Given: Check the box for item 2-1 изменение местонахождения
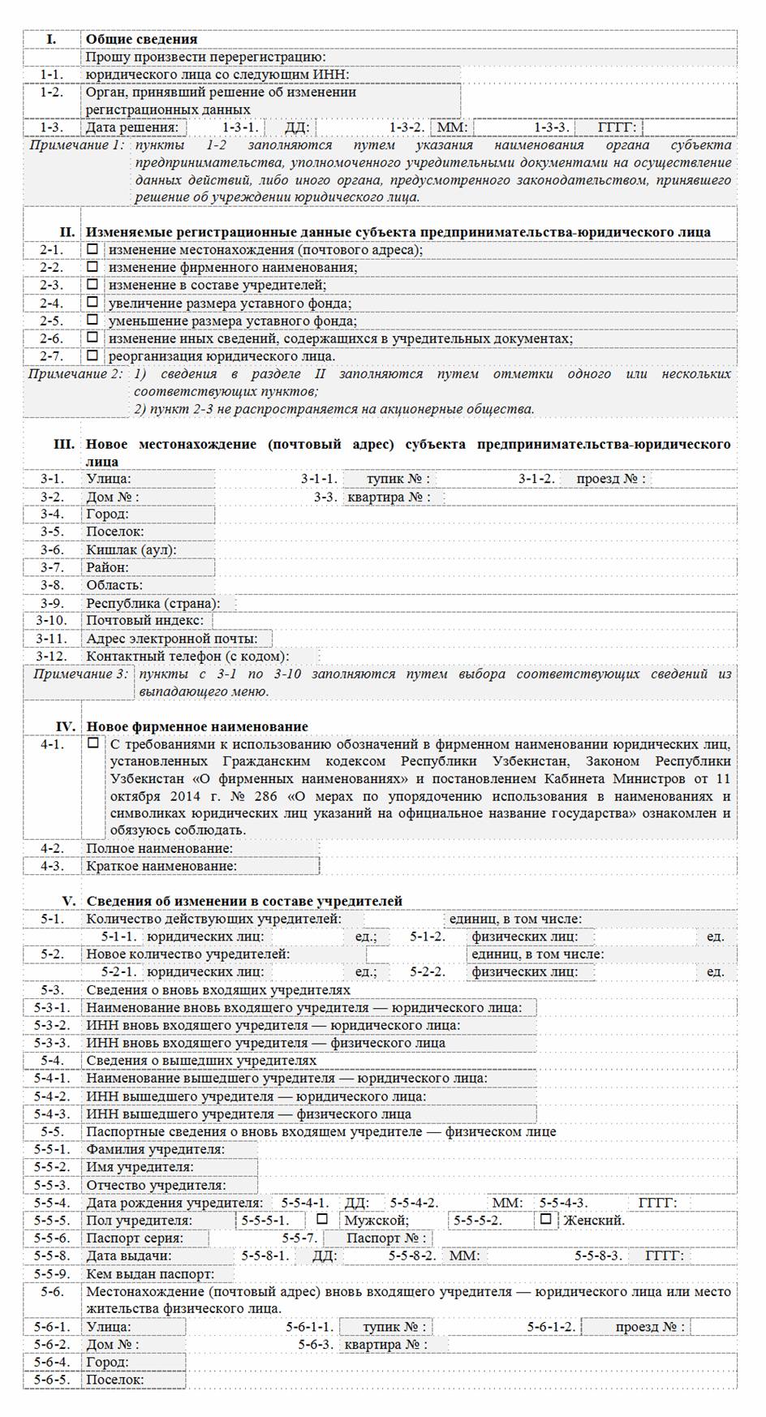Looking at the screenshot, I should [x=93, y=249].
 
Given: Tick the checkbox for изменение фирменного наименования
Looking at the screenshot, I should [x=93, y=267].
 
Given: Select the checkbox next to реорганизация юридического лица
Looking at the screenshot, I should [x=93, y=355].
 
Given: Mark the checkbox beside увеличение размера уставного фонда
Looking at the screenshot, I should [x=93, y=303].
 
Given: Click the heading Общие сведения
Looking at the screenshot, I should [x=141, y=39].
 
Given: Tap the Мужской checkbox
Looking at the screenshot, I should [x=322, y=1220].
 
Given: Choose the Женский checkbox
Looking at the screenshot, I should [x=545, y=1220].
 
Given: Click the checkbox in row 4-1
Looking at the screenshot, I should [x=93, y=743].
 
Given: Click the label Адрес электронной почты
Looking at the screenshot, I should [x=172, y=639].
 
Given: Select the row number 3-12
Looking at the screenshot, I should [x=52, y=656].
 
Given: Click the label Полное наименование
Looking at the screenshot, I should [x=160, y=848].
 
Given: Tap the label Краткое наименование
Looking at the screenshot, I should [x=161, y=866].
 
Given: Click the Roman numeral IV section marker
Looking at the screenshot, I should [x=66, y=726].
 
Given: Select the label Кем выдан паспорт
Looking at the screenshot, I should [x=150, y=1274].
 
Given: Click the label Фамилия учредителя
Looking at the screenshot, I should [x=156, y=1149].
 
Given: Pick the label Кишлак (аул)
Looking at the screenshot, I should [x=131, y=549].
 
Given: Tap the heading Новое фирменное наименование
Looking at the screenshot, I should [x=197, y=726].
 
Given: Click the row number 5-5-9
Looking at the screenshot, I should [x=52, y=1274].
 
